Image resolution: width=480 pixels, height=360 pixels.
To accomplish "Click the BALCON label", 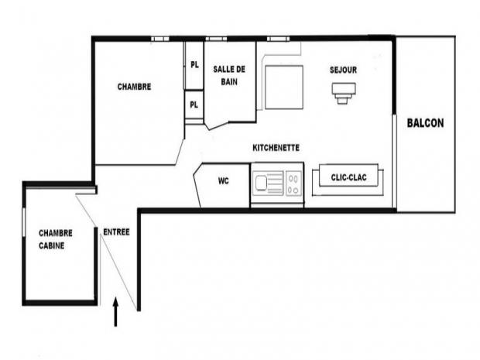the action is (x=425, y=123).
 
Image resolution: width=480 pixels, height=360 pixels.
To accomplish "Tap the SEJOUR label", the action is (x=343, y=70).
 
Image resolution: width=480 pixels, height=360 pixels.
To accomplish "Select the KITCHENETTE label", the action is (x=276, y=148).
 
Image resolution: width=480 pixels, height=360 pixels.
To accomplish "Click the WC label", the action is (x=224, y=181).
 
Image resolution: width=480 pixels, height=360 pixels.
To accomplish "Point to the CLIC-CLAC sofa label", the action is (x=348, y=177).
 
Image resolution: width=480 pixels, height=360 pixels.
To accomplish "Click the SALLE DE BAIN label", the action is (x=229, y=75).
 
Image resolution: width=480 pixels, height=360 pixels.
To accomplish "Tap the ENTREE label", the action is (x=116, y=232).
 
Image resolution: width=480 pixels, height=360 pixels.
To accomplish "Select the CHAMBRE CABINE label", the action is (x=56, y=239).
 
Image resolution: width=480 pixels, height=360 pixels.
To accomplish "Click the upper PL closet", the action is (x=194, y=65).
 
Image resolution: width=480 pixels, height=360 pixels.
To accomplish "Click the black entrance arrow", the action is (x=115, y=312).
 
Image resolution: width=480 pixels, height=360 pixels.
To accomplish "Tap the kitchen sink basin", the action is (x=262, y=183).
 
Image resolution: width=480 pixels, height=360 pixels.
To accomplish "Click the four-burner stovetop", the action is (x=293, y=183).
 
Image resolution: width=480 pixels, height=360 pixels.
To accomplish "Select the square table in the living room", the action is (x=284, y=87).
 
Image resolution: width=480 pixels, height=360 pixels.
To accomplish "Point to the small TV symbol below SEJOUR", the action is (x=344, y=93).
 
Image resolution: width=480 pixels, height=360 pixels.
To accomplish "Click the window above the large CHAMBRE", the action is (x=160, y=39).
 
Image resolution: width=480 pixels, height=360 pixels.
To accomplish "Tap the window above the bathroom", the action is (x=216, y=39).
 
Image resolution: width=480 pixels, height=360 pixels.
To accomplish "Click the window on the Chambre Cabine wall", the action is (x=23, y=222).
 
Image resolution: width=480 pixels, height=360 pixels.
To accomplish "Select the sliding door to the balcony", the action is (x=395, y=161).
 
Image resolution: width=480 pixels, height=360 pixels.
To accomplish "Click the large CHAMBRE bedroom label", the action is (x=134, y=87).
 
